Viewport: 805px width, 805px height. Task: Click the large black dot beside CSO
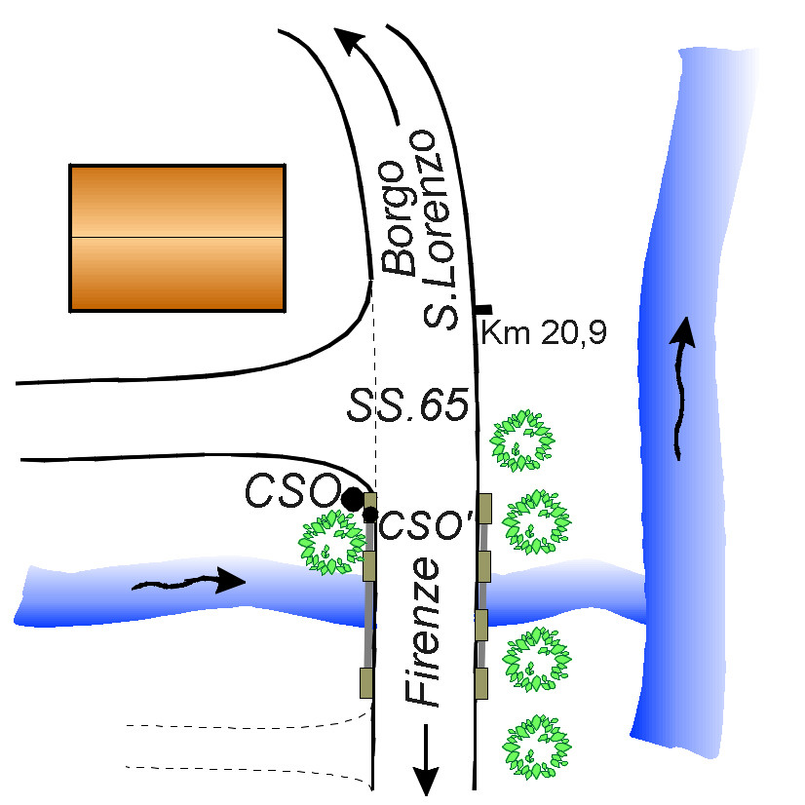pyautogui.click(x=352, y=498)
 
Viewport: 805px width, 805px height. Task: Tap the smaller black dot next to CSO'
pyautogui.click(x=369, y=514)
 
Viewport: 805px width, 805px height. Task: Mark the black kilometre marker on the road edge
pyautogui.click(x=481, y=309)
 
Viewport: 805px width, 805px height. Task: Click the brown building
pyautogui.click(x=176, y=238)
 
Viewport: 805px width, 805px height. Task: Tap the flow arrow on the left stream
pyautogui.click(x=190, y=583)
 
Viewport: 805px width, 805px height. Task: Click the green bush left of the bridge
pyautogui.click(x=330, y=543)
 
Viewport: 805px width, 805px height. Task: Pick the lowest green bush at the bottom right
pyautogui.click(x=533, y=747)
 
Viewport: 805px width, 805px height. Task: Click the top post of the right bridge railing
pyautogui.click(x=483, y=509)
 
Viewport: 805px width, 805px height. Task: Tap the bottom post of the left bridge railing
pyautogui.click(x=367, y=682)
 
